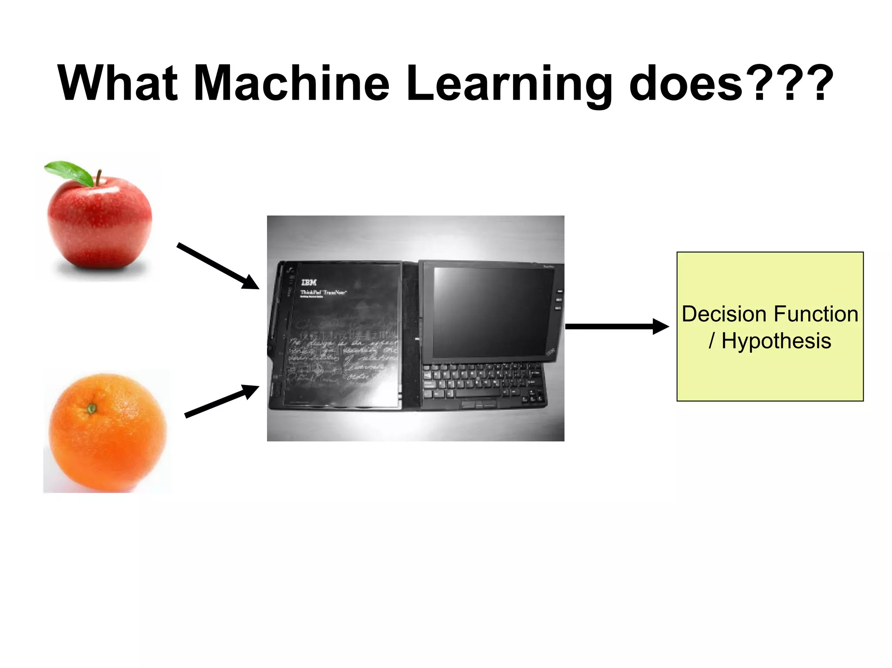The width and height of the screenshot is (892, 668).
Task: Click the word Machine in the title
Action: [x=291, y=84]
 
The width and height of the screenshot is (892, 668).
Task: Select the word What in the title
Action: [x=118, y=84]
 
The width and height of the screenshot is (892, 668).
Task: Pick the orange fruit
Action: [x=107, y=433]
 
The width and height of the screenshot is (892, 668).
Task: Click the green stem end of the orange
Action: [x=91, y=408]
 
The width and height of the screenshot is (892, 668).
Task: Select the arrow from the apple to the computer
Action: [x=218, y=266]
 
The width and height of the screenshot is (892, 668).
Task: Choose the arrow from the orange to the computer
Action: [x=221, y=401]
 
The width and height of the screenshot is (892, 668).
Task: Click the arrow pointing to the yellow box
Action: [x=616, y=327]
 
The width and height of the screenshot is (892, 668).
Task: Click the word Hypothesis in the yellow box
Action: [x=776, y=341]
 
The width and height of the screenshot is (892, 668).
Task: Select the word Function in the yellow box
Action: [x=816, y=314]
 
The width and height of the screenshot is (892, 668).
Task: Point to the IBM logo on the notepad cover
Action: [x=309, y=283]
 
